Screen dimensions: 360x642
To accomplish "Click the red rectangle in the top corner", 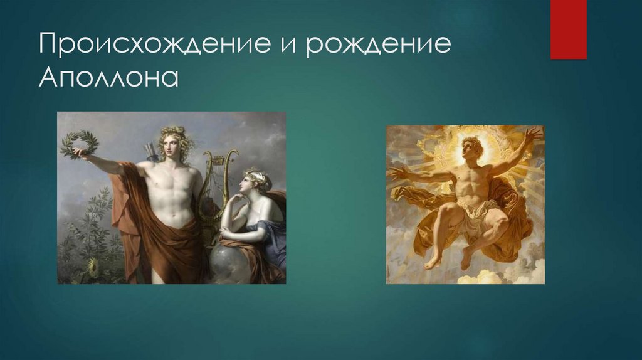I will (568, 29).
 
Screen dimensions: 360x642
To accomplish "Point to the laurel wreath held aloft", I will (80, 144).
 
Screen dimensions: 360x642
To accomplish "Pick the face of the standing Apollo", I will (170, 144).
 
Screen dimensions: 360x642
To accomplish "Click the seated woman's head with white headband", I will (258, 182).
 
